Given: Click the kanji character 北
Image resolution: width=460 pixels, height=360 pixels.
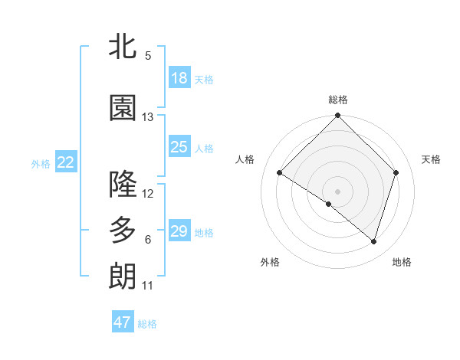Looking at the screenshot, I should tap(123, 47).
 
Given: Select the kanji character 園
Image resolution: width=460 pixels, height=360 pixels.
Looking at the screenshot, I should tap(123, 108).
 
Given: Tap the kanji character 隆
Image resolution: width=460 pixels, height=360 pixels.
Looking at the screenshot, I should tap(123, 184).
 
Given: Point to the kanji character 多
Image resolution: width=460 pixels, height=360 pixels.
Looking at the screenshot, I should tap(123, 230).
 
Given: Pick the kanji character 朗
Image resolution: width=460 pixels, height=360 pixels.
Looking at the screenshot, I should tap(123, 276).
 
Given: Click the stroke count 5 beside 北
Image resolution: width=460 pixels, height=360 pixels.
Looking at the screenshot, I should tap(148, 56).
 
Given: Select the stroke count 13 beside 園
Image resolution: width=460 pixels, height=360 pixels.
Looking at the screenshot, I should tap(148, 117).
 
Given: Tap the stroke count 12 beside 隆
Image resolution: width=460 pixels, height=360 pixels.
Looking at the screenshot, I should tap(148, 193).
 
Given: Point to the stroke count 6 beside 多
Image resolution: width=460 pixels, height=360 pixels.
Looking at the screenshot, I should tap(148, 240).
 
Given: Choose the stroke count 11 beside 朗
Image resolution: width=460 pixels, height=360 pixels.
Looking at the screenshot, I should tap(147, 286).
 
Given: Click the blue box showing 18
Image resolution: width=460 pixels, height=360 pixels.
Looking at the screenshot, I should tap(179, 77).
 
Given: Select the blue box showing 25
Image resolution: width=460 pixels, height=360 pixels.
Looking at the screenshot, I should tap(179, 147).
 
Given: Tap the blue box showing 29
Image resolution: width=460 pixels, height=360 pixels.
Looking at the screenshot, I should tap(179, 231).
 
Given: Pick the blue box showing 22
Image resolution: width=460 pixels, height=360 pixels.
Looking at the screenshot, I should tap(66, 162).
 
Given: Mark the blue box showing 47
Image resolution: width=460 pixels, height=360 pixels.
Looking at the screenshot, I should tap(123, 322).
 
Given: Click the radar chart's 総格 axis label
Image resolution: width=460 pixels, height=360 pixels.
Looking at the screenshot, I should tap(337, 100).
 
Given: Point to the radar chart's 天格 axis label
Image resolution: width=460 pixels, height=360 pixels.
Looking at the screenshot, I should tap(431, 159).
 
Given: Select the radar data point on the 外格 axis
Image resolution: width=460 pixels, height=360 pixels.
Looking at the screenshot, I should tap(329, 204).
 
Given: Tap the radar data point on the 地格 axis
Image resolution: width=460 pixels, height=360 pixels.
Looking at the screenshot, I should tap(373, 241).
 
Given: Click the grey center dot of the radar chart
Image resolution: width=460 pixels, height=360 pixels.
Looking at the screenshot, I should tap(337, 191).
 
